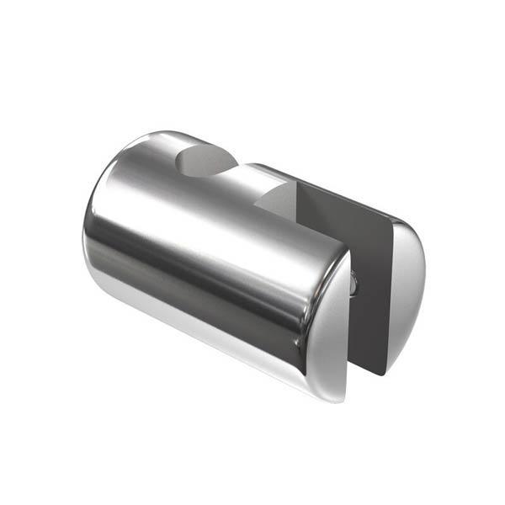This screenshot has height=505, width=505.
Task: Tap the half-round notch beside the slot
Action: [278, 199]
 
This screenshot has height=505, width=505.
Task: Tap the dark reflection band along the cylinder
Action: [219, 278]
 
